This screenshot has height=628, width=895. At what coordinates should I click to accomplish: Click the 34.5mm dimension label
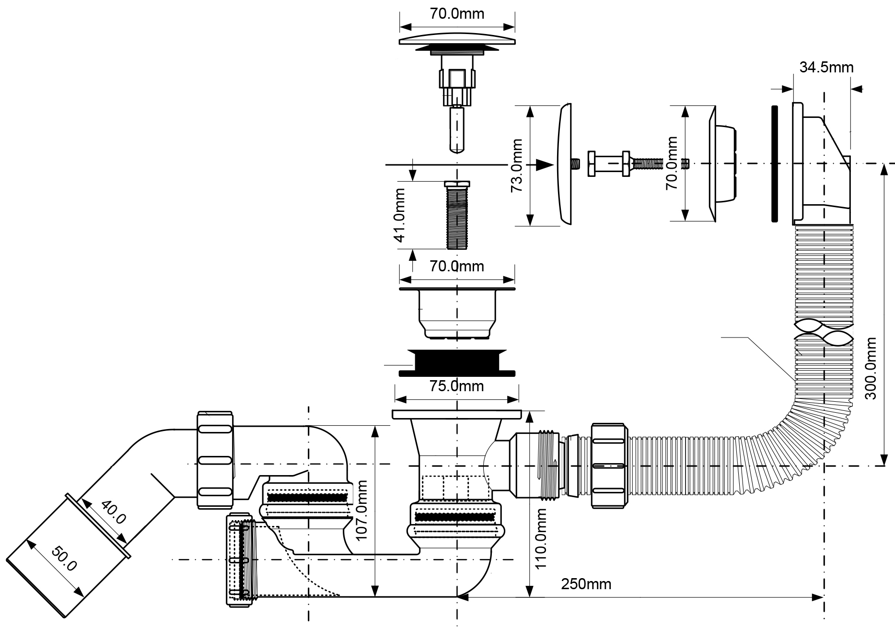pyautogui.click(x=826, y=67)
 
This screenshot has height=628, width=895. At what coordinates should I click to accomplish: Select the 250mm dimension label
pyautogui.click(x=586, y=584)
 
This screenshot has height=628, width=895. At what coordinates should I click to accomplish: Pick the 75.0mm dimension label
pyautogui.click(x=456, y=386)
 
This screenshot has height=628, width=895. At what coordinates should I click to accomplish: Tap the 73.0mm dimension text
pyautogui.click(x=516, y=165)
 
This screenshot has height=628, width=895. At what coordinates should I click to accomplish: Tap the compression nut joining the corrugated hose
pyautogui.click(x=609, y=465)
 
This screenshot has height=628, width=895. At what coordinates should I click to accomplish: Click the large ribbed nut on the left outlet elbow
pyautogui.click(x=215, y=460)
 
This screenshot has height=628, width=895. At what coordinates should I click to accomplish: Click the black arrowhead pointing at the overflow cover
pyautogui.click(x=543, y=164)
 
